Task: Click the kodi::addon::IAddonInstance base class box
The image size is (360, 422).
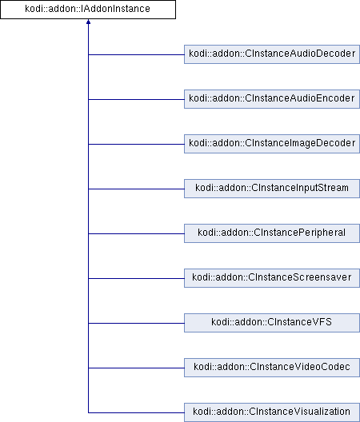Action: pos(88,10)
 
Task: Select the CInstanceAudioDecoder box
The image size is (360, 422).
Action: pos(272,54)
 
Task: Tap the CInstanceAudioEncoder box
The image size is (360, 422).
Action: pos(272,99)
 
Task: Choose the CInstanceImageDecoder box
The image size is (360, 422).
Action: pos(272,144)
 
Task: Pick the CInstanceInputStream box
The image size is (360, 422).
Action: pos(272,189)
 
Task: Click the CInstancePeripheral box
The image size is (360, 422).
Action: pos(272,233)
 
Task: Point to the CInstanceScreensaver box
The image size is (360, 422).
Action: pos(272,278)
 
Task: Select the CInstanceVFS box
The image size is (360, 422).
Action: pos(272,323)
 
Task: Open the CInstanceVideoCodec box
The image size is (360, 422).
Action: pos(272,368)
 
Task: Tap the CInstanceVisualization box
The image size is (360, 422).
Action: pos(272,412)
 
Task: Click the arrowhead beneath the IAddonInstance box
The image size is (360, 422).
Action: pos(88,22)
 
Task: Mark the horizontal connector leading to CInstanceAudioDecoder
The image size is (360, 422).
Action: pos(136,54)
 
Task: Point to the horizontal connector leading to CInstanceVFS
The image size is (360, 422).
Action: pos(136,323)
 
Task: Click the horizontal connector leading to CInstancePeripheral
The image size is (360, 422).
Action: pos(136,233)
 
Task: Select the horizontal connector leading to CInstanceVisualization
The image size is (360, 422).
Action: pos(136,412)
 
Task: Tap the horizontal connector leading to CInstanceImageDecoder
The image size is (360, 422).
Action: pos(136,144)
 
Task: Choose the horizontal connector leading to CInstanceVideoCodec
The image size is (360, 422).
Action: pos(136,368)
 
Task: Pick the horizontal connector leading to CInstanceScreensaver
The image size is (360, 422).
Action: pos(136,278)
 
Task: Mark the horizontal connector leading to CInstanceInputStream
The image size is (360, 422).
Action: pos(136,189)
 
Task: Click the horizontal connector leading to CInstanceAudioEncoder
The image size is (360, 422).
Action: pos(136,99)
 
